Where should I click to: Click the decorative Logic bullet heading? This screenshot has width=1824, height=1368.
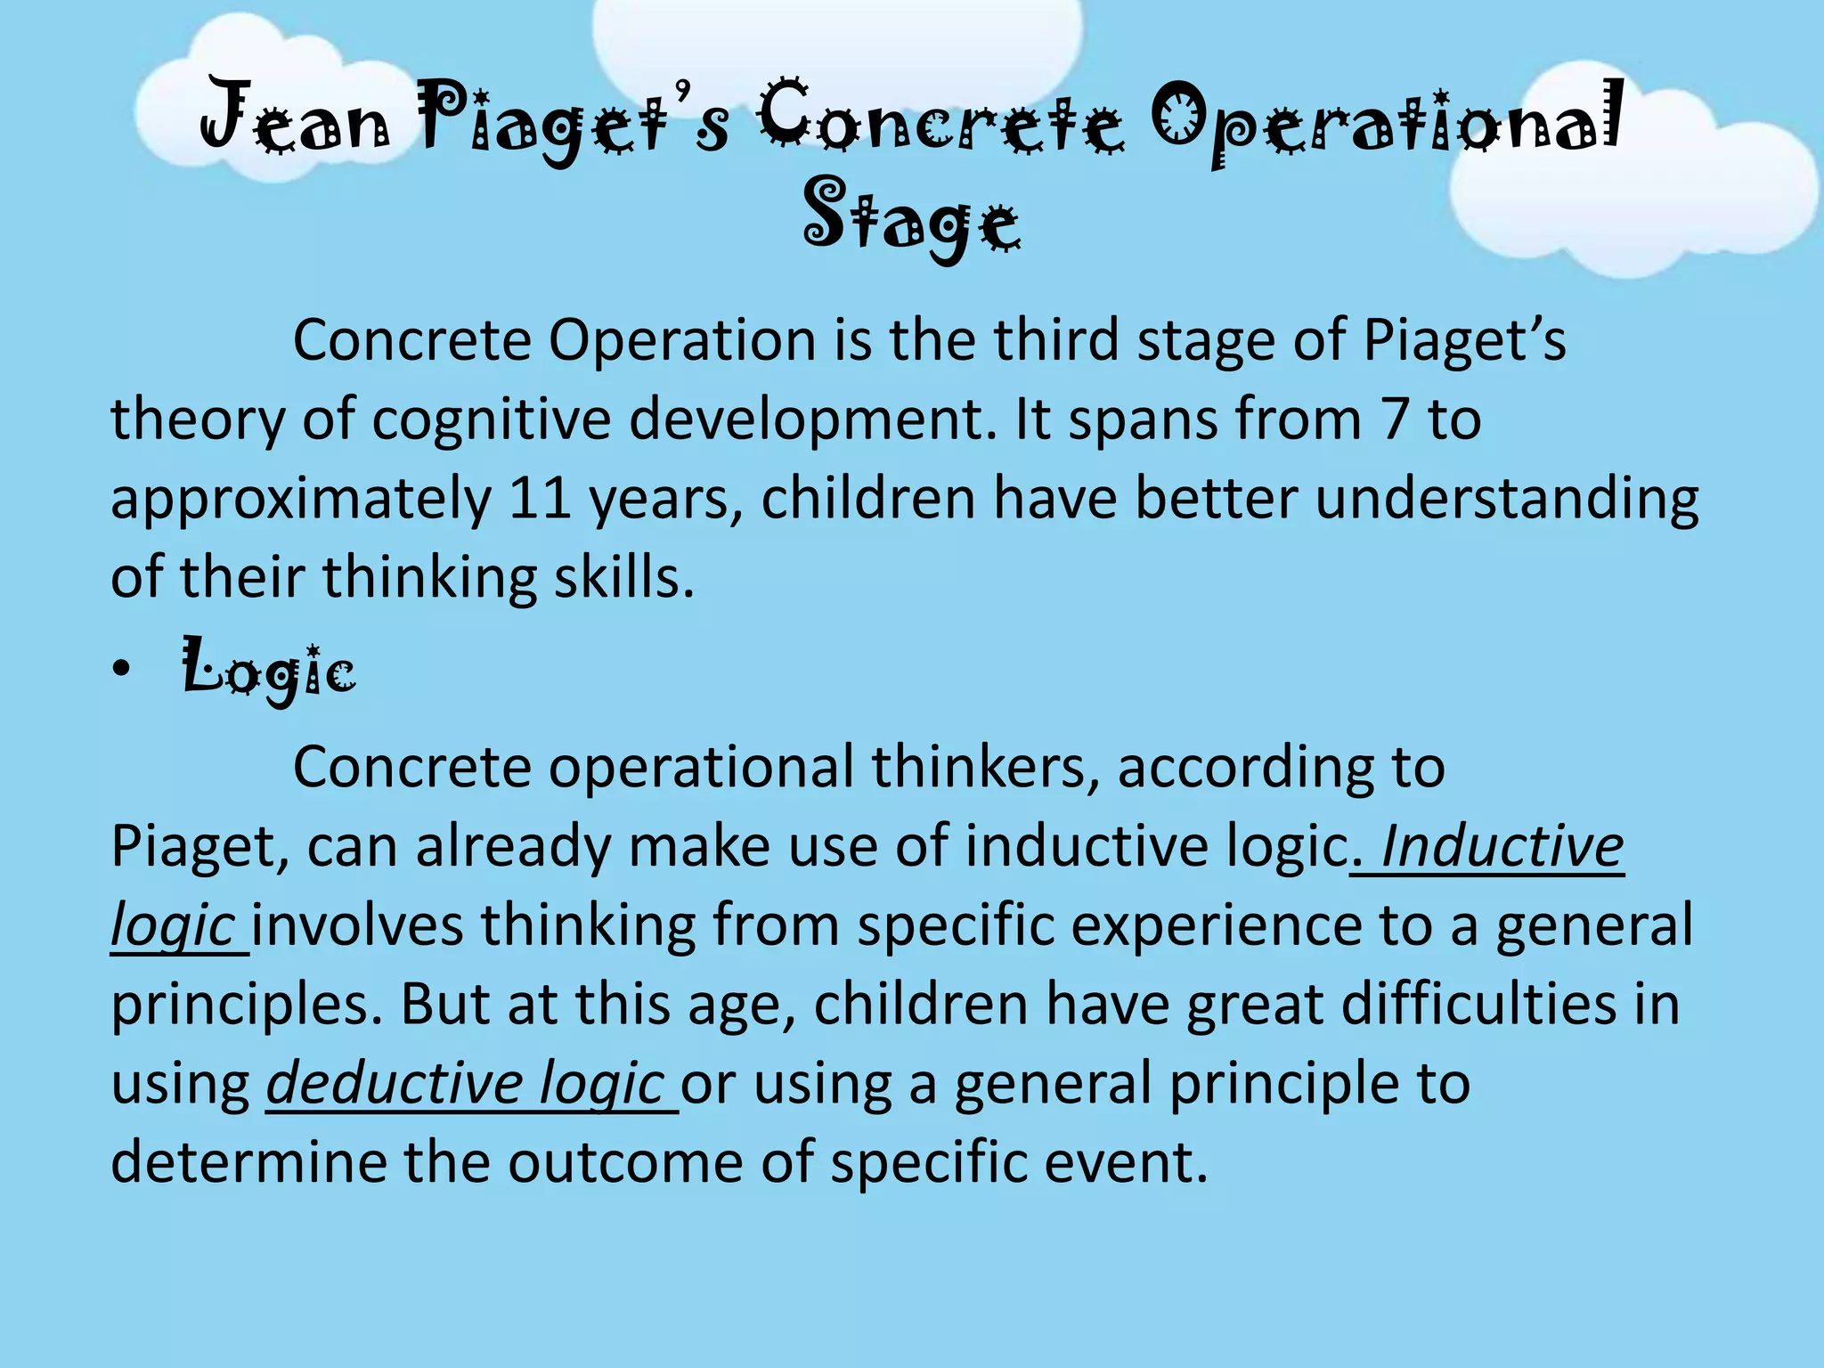pyautogui.click(x=269, y=670)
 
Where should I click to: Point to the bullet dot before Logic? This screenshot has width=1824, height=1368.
pyautogui.click(x=121, y=670)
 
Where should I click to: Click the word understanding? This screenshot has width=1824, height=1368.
pyautogui.click(x=1507, y=498)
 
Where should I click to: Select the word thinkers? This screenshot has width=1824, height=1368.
pyautogui.click(x=985, y=767)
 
